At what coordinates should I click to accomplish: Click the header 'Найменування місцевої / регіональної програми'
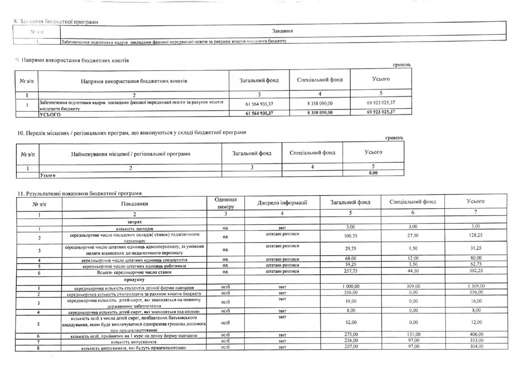130,154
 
